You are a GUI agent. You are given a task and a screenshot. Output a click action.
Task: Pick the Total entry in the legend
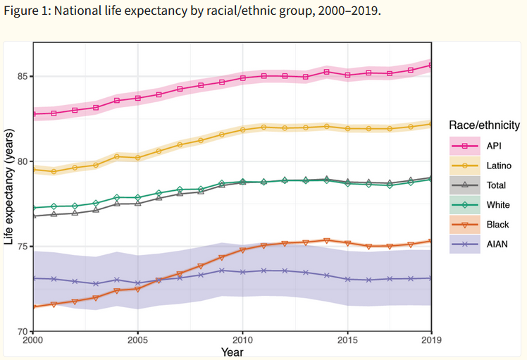click(x=495, y=186)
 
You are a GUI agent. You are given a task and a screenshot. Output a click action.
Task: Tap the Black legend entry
click(x=496, y=225)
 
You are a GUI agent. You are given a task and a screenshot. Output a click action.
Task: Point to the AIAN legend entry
click(x=496, y=245)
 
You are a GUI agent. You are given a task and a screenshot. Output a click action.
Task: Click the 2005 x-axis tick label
click(x=137, y=340)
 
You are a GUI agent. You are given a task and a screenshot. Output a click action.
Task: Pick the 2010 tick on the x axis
click(x=242, y=340)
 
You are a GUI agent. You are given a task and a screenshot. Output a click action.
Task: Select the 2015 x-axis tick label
click(x=347, y=340)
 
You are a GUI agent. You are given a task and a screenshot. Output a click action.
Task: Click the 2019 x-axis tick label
click(x=430, y=340)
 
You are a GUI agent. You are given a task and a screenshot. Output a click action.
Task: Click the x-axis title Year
click(x=232, y=351)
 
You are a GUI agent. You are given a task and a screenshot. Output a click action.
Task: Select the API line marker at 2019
click(x=431, y=65)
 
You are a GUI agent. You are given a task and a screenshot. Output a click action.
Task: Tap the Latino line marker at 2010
click(x=242, y=130)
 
